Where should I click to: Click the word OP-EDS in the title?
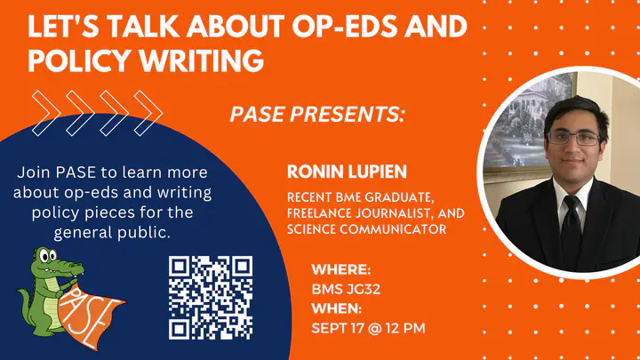click(344, 27)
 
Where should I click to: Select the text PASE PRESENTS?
click(317, 114)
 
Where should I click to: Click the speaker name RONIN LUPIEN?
click(347, 172)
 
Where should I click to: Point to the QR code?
click(211, 298)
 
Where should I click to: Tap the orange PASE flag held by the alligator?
click(91, 316)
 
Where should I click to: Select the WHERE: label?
click(341, 270)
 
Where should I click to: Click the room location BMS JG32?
click(346, 290)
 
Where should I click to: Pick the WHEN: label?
click(337, 308)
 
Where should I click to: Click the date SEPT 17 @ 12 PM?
click(368, 328)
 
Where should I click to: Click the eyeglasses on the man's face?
click(574, 138)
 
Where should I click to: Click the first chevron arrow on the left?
click(46, 114)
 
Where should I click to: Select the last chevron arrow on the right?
click(148, 114)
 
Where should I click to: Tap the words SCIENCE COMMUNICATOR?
click(367, 229)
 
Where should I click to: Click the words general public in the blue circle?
click(112, 233)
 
